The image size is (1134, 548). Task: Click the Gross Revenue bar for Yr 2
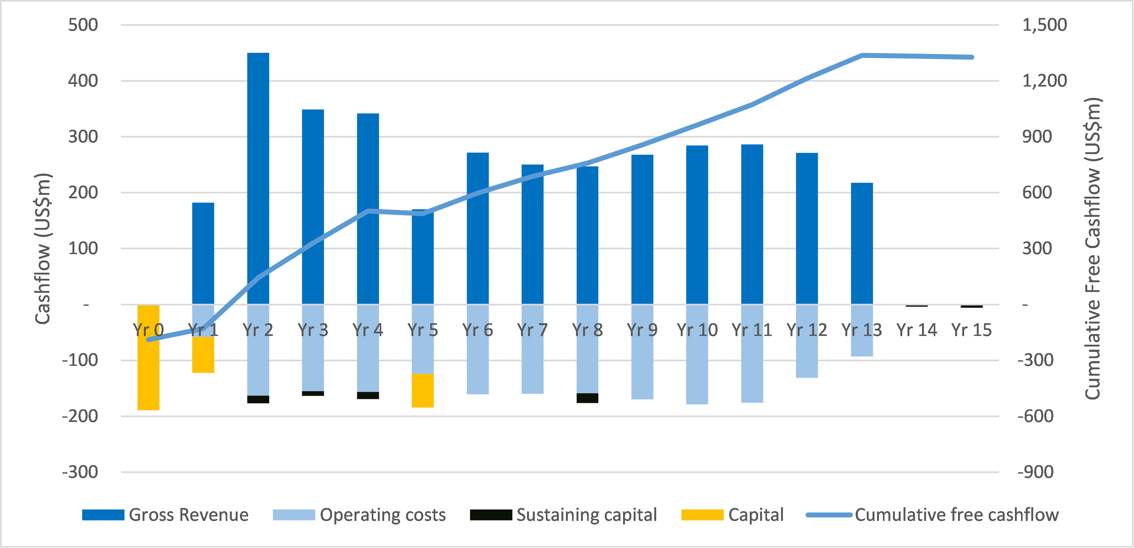pos(258,176)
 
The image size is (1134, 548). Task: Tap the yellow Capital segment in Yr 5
pos(423,391)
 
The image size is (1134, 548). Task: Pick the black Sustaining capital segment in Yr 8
pos(587,398)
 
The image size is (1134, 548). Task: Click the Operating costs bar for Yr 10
pos(697,370)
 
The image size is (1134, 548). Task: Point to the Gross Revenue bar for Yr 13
pos(861,242)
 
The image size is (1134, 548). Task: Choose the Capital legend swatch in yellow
pos(702,515)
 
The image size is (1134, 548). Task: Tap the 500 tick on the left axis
pos(83,25)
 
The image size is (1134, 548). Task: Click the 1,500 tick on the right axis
pos(1044,25)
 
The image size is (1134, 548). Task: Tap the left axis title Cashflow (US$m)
pos(43,249)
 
